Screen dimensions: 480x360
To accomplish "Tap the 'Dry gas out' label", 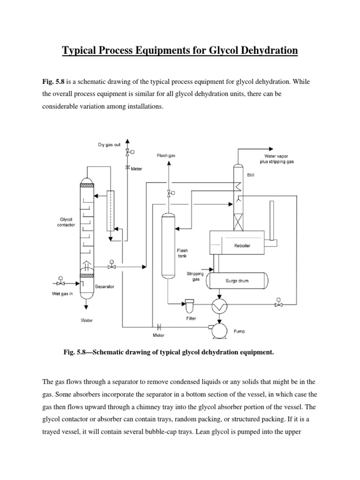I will tap(109, 145).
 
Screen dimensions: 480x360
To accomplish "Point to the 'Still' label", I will tap(252, 176).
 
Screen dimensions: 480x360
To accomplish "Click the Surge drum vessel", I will tap(237, 281).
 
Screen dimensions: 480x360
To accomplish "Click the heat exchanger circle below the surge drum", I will tap(219, 306).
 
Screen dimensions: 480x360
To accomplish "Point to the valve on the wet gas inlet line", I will tap(60, 284).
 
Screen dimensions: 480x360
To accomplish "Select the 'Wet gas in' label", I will tap(63, 294).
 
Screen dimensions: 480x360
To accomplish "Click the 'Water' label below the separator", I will tap(86, 321).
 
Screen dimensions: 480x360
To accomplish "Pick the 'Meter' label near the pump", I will tap(159, 335).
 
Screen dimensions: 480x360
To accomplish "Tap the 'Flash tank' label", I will tap(182, 253).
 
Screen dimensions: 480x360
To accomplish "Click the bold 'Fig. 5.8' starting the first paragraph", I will tap(52, 82).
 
